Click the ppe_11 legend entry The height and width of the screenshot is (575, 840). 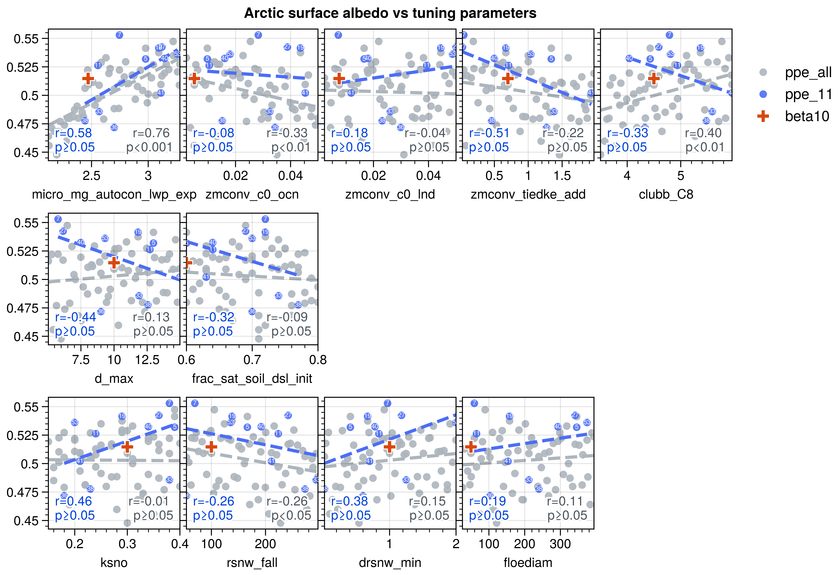(808, 94)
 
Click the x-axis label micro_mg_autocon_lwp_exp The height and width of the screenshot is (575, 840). (114, 195)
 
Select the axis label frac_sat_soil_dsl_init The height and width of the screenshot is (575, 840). (252, 379)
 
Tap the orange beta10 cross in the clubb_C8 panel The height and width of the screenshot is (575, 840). (654, 79)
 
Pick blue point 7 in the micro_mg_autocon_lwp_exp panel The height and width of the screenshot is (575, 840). (119, 35)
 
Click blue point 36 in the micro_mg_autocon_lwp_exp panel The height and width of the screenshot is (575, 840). (114, 127)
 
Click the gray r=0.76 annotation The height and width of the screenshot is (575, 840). (151, 133)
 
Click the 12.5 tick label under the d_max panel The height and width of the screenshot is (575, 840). (147, 360)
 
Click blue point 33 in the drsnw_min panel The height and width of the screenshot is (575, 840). (406, 480)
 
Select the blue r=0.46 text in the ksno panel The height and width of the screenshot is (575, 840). (73, 501)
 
